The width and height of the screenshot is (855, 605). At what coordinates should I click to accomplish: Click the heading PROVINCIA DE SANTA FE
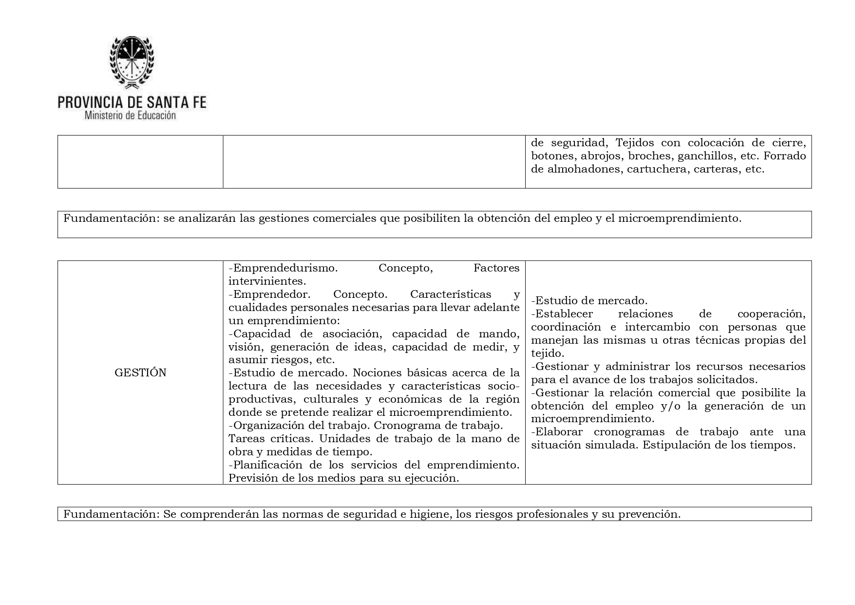coord(132,102)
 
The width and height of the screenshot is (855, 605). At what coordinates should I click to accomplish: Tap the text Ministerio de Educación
coord(130,116)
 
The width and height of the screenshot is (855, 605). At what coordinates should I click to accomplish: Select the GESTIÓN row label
coord(140,373)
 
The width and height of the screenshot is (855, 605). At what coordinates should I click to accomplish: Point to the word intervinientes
coord(267,281)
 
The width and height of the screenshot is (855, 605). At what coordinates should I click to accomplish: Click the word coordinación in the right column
coord(566,327)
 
